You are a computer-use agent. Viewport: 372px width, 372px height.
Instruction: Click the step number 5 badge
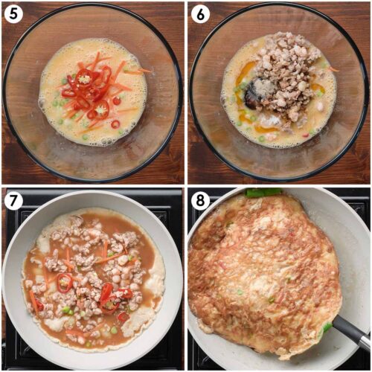pos(13,14)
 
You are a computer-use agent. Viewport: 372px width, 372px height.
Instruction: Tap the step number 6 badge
pos(200,14)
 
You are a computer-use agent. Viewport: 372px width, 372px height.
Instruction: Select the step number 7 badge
pos(13,200)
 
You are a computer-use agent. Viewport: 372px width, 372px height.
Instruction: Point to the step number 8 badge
pos(200,200)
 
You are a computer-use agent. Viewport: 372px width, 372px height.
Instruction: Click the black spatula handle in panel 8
pos(352,332)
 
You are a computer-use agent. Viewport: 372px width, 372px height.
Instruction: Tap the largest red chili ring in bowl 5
pos(83,77)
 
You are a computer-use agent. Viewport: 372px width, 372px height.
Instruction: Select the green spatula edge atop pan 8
pos(263,193)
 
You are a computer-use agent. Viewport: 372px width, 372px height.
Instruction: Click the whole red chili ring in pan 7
pos(65,283)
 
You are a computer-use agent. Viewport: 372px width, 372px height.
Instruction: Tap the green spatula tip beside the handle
pos(327,328)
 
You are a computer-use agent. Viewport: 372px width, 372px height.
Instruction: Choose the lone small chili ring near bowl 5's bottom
pos(115,124)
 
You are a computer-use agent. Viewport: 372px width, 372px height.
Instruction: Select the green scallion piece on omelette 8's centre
pos(240,292)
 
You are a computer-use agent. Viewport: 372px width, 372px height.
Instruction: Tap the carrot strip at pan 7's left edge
pos(33,301)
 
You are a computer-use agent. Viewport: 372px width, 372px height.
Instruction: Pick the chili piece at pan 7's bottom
pos(123,317)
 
